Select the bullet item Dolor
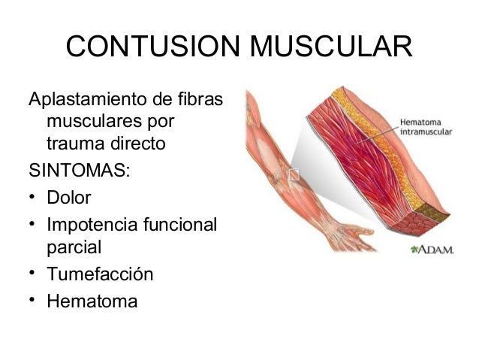[68, 199]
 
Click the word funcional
[183, 225]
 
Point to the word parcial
[74, 247]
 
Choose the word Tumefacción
[100, 274]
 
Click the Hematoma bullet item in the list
[92, 302]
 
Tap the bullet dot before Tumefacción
[33, 274]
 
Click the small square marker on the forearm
[294, 176]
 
